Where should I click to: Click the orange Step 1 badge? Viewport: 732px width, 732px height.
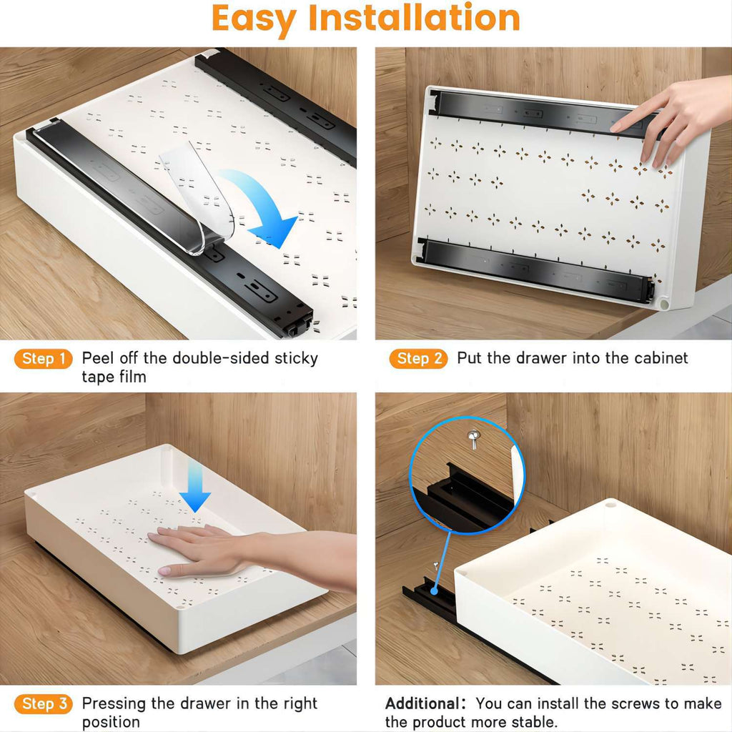tap(44, 359)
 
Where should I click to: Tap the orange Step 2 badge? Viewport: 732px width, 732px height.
tap(418, 359)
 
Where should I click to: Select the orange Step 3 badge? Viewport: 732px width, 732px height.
tap(44, 704)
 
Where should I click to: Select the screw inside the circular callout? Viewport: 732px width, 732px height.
tap(473, 437)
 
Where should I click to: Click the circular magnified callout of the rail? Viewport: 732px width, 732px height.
tap(467, 475)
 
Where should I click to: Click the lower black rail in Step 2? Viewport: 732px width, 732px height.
tap(536, 268)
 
